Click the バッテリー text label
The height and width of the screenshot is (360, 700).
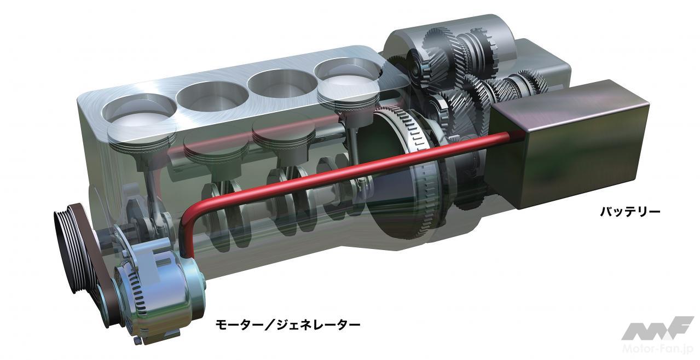click(x=630, y=212)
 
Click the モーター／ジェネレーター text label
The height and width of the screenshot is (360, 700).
click(x=288, y=324)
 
